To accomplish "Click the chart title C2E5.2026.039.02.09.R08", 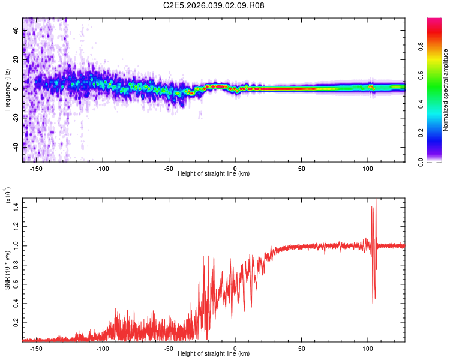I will [214, 6].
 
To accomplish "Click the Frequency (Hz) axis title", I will [7, 90].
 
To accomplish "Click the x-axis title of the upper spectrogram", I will [214, 174].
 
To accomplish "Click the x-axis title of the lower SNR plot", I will [214, 354].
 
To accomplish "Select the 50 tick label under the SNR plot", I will [301, 348].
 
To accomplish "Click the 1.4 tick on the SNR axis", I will [16, 206].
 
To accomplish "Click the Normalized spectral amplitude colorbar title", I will [445, 90].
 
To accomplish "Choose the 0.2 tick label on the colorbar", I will [439, 133].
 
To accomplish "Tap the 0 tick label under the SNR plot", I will [235, 348].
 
